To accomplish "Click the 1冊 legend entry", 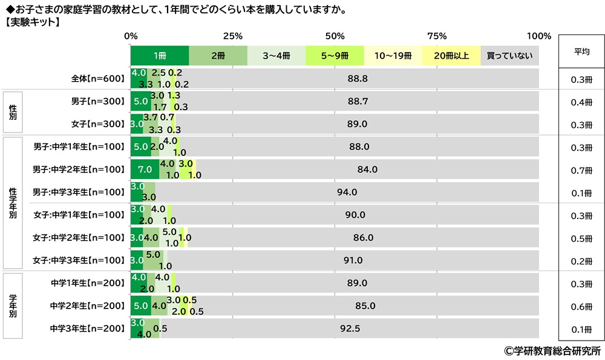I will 160,56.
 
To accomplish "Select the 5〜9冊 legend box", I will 335,56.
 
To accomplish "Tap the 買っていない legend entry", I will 509,56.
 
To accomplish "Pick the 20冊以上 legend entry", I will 451,56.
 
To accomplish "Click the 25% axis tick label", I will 233,35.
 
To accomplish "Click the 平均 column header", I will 581,51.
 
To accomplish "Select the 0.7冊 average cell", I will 581,170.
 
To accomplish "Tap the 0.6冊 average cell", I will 581,306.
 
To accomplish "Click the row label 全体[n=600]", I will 97,79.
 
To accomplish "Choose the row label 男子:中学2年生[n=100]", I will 79,169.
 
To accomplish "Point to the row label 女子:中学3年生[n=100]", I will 79,261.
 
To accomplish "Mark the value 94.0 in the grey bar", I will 347,192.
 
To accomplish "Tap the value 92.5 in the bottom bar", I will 350,329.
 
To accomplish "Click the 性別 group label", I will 13,113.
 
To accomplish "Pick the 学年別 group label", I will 13,306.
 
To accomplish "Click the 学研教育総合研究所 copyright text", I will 552,350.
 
